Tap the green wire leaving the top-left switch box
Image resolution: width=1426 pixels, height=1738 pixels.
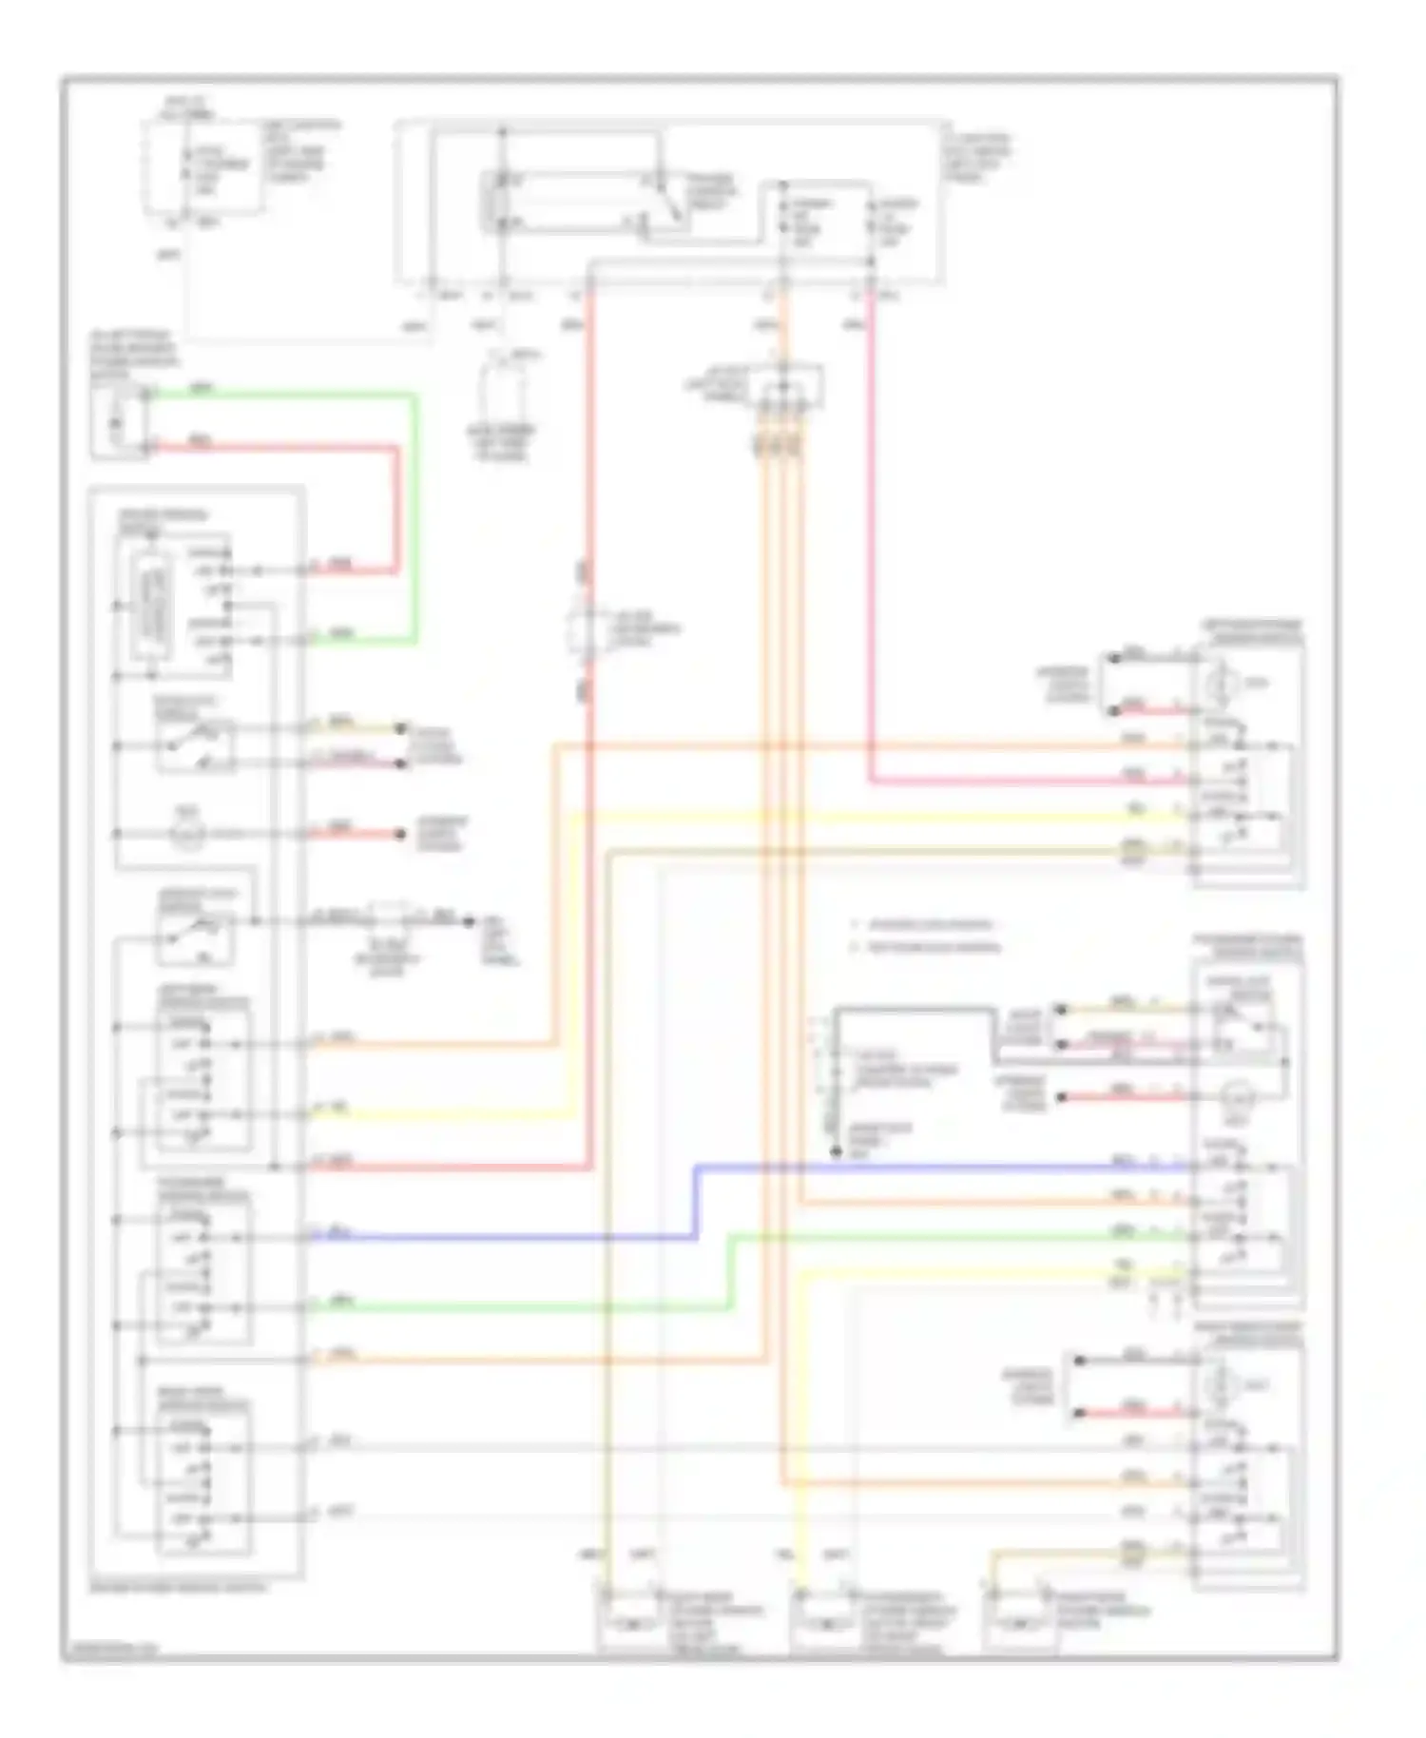point(285,393)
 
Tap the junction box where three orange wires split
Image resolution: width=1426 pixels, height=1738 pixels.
point(786,388)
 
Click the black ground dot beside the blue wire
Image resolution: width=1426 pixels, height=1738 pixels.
point(837,1151)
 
